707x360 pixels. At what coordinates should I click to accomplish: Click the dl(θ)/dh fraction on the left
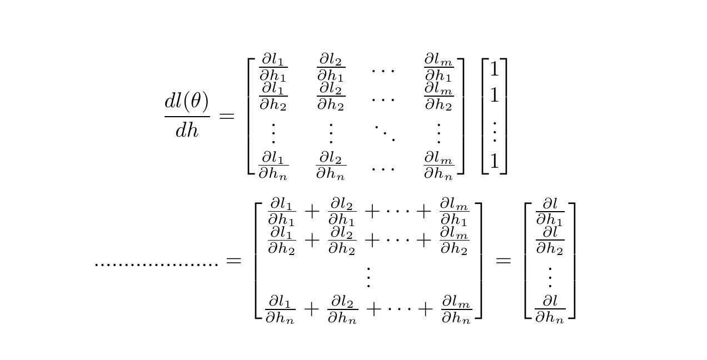187,116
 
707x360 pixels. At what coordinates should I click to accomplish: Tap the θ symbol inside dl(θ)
197,102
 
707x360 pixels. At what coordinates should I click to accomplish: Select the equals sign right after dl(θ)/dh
227,116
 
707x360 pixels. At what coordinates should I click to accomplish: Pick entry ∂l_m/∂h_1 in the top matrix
439,68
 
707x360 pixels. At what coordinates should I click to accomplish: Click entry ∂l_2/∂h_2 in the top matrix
331,97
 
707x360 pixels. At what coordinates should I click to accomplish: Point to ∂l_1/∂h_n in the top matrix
273,165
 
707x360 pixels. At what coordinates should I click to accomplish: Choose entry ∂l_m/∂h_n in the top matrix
439,165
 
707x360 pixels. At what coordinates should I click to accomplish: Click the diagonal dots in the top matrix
384,133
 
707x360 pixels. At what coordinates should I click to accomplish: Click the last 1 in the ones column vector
494,162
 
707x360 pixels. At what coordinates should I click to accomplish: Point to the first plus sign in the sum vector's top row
312,211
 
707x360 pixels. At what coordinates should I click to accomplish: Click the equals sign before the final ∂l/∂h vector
503,260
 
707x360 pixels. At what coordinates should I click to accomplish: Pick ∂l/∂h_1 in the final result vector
550,212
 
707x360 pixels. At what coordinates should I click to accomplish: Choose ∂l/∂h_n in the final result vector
550,309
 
